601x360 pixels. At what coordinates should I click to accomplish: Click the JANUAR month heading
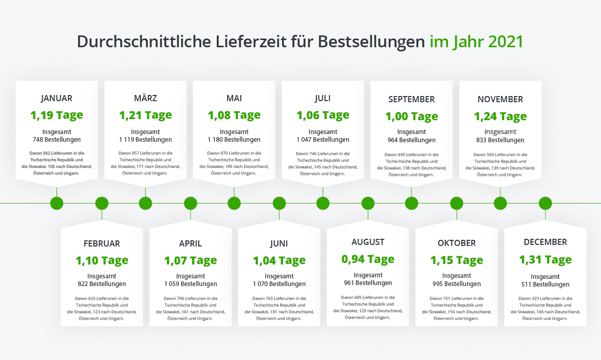click(x=57, y=98)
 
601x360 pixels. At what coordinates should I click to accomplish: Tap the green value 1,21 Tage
click(x=145, y=115)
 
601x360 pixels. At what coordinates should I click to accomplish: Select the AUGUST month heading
click(x=368, y=242)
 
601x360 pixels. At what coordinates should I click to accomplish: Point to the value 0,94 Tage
click(x=368, y=259)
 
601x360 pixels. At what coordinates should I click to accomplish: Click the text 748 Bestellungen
click(x=57, y=140)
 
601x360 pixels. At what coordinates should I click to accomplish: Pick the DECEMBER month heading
click(x=545, y=242)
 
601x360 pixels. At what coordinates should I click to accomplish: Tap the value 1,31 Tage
click(x=545, y=260)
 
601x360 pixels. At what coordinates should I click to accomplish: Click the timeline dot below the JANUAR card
click(x=57, y=203)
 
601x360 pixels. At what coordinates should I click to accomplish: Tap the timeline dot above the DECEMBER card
click(x=545, y=203)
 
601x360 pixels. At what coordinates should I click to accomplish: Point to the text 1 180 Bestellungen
click(x=234, y=140)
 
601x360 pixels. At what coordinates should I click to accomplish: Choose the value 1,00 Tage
click(x=411, y=116)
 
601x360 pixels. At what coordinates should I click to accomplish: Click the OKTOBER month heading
click(x=457, y=243)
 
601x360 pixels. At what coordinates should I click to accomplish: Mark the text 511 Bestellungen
click(x=545, y=285)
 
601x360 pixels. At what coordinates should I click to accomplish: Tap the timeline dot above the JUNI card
click(x=279, y=203)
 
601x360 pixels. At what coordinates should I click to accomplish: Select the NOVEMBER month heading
click(x=500, y=99)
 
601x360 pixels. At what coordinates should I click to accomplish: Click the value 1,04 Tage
click(x=279, y=260)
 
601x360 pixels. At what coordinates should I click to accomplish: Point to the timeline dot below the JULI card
click(x=323, y=203)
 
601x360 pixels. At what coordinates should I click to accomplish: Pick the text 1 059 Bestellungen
click(x=191, y=284)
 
